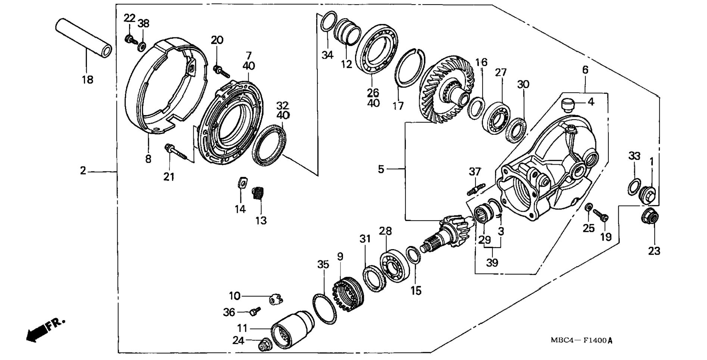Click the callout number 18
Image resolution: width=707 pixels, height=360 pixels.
coord(87,80)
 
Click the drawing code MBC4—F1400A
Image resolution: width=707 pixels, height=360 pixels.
coord(582,341)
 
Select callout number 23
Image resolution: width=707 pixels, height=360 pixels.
coord(654,251)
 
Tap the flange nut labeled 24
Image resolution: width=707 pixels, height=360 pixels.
coord(264,345)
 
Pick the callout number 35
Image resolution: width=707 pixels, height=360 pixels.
coord(323,264)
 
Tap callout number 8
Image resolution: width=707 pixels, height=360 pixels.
coord(148,159)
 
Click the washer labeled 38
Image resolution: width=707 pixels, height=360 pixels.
coord(142,47)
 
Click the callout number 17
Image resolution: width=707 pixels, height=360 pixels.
coord(398,106)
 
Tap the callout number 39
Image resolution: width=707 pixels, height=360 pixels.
coord(492,263)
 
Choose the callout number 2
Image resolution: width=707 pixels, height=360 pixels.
coord(83,171)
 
